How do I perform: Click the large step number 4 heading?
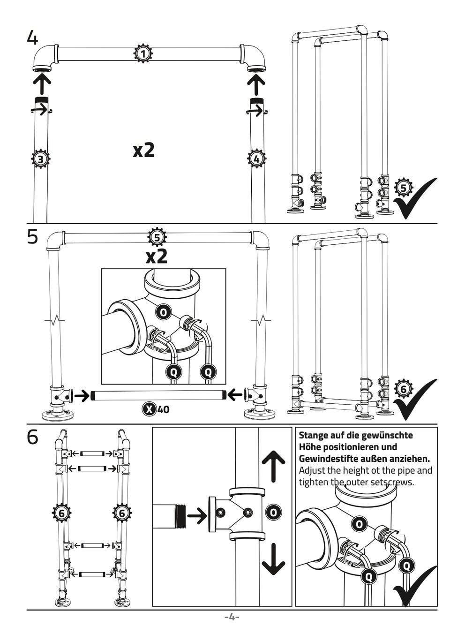tap(32, 38)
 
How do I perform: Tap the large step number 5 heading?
tap(32, 237)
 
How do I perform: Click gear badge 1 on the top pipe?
tap(143, 53)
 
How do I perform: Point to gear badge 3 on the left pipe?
tap(40, 159)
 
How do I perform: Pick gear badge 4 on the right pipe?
tap(256, 159)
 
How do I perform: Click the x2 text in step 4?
tap(144, 150)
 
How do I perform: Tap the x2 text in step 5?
tap(157, 257)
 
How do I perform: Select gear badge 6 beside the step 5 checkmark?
tap(403, 389)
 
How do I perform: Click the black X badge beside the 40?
tap(149, 409)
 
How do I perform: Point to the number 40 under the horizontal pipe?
tap(163, 409)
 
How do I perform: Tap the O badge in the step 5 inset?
tap(163, 312)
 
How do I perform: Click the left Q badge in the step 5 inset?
tap(174, 372)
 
